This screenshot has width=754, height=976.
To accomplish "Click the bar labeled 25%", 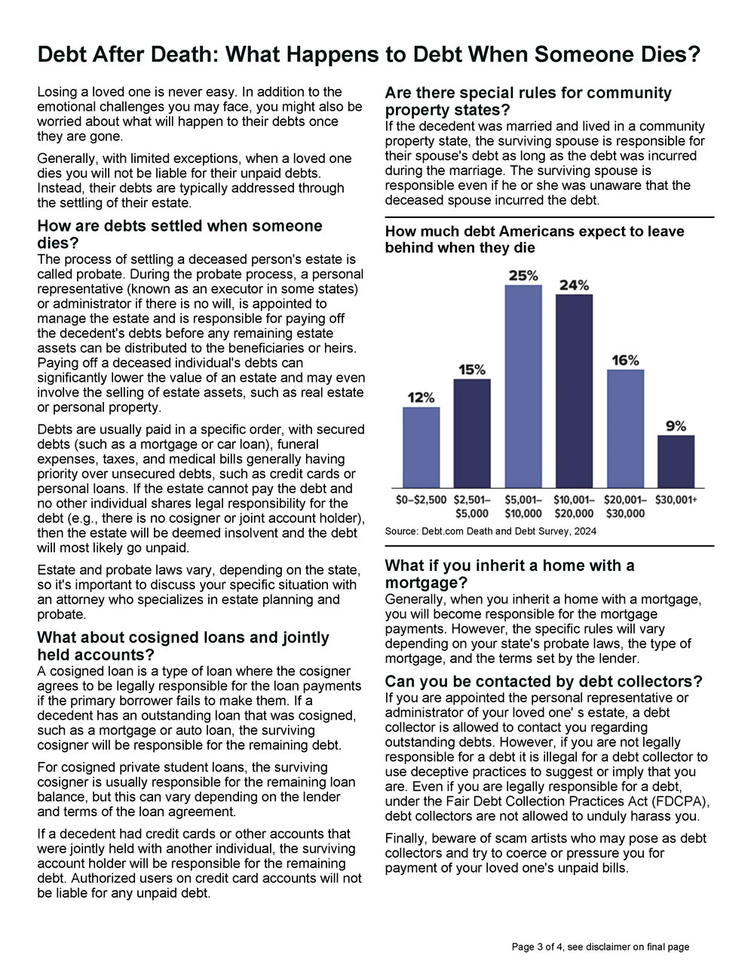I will coord(523,386).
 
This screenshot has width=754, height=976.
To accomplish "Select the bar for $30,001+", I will coord(676,461).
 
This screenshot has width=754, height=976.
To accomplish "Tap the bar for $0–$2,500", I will coord(421,447).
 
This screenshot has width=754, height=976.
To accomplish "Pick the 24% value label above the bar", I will coord(574,285).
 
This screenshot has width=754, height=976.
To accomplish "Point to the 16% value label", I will coord(625,361).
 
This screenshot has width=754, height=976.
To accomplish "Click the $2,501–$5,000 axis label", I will coord(472,506).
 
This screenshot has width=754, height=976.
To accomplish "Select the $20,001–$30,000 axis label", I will coord(625,506).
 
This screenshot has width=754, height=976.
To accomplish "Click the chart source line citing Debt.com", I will coord(490,531).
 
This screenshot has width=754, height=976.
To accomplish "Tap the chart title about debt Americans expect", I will coord(534,239).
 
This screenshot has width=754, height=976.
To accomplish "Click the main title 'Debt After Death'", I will coord(369,55).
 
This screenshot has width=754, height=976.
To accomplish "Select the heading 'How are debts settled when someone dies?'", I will coord(179,234).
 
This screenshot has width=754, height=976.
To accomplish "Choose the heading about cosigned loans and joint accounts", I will coord(183,646).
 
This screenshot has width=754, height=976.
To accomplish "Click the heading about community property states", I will coord(528,101).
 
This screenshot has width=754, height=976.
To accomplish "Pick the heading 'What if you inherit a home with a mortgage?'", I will coord(510,574).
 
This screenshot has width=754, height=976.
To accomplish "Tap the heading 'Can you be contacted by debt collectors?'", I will coord(544,681).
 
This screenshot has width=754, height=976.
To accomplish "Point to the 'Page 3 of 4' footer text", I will coord(600,947).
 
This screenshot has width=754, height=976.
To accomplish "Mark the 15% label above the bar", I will coord(472,370).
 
